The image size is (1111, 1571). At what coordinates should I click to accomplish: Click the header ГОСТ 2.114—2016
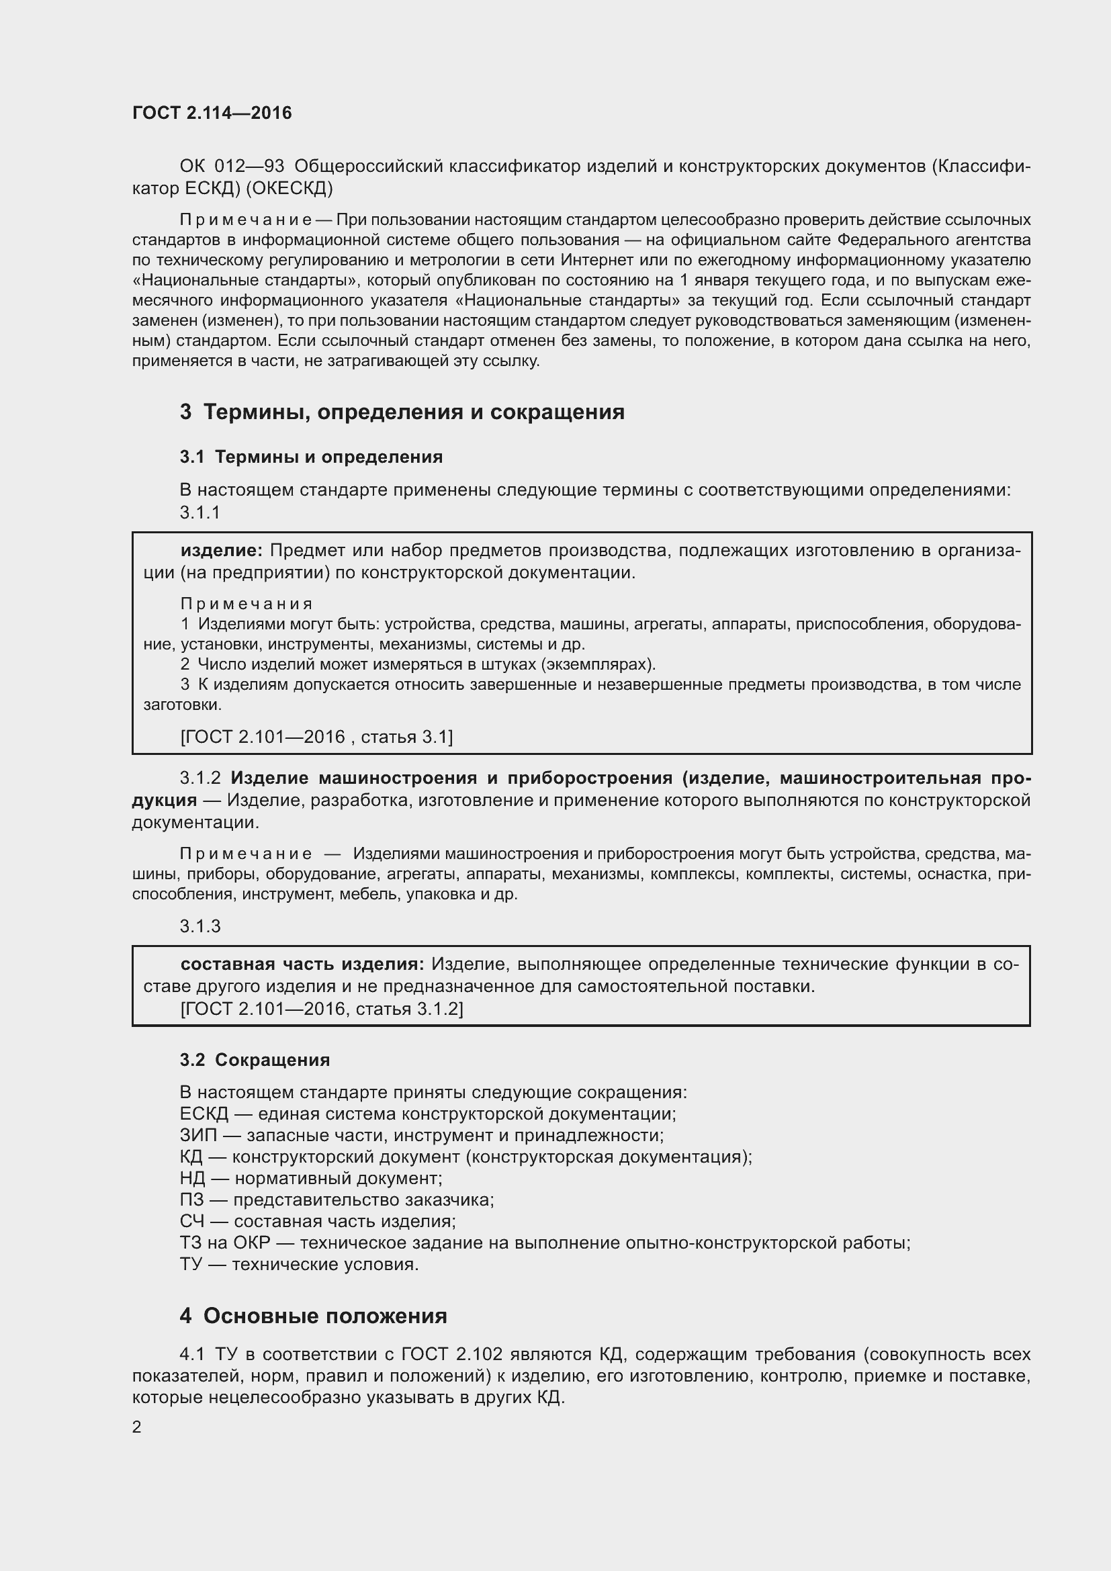point(212,113)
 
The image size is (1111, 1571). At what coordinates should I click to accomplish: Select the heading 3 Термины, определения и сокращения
point(402,412)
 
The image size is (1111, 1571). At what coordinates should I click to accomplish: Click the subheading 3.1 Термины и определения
point(311,457)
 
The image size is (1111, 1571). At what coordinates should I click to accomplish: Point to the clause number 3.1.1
point(199,512)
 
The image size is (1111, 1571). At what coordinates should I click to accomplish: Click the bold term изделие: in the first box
point(221,551)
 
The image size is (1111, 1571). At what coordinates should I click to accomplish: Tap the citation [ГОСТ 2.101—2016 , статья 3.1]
point(316,737)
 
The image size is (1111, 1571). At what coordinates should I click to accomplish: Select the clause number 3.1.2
point(199,778)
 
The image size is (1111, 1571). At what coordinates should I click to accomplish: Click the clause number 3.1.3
point(199,926)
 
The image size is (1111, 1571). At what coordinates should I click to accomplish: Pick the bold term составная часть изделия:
point(302,964)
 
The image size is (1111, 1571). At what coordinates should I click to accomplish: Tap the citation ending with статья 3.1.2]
point(322,1009)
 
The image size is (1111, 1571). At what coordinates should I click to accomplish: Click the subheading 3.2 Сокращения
point(255,1060)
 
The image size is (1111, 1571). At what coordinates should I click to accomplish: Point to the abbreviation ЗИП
point(197,1136)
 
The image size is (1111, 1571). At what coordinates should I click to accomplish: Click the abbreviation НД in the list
point(192,1178)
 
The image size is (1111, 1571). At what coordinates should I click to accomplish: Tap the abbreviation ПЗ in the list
point(191,1200)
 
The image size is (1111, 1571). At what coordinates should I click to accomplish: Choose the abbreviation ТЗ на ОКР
point(225,1243)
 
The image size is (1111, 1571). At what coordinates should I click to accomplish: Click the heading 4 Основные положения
point(313,1316)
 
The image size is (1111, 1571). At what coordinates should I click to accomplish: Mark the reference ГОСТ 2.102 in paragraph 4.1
point(451,1355)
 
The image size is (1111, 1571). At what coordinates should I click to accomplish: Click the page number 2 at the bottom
point(137,1427)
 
